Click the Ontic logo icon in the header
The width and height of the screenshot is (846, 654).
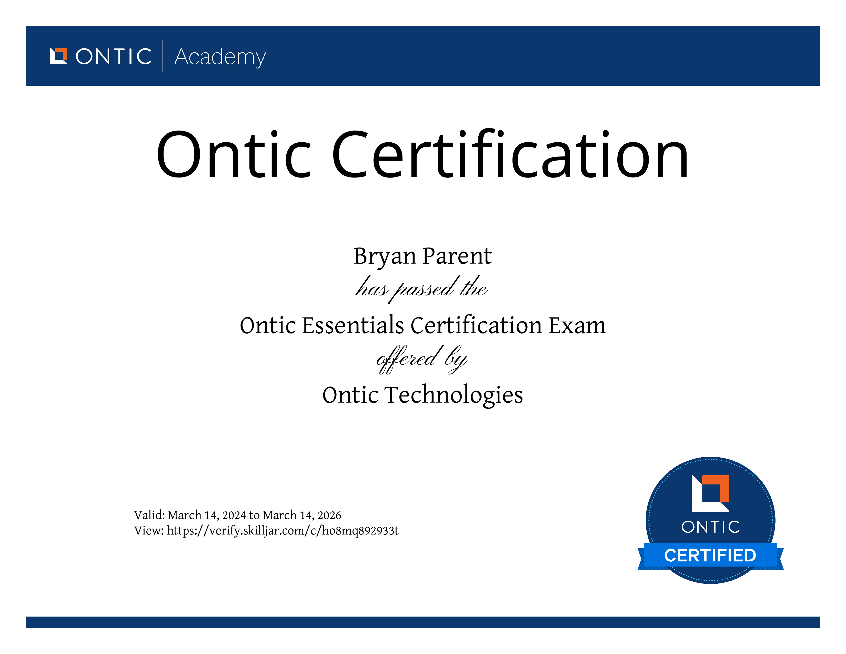pos(58,56)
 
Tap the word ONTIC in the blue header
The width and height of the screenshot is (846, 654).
pos(114,57)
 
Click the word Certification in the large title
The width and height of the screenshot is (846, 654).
pos(510,154)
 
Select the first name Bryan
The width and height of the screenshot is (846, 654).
pos(385,256)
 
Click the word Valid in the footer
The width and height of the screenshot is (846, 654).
pos(149,515)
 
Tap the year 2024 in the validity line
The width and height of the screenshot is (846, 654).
pos(234,515)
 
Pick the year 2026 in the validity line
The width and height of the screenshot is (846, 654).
pos(329,515)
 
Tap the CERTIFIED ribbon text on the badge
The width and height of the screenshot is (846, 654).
pos(710,555)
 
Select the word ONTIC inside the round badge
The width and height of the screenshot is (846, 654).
pos(710,527)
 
